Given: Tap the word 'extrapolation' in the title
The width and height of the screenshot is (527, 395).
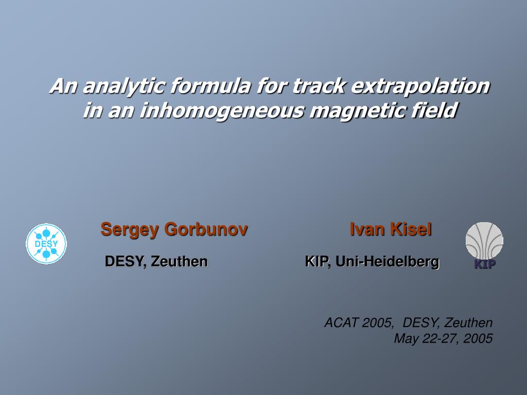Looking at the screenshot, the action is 420,86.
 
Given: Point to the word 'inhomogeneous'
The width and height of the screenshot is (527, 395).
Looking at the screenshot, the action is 222,111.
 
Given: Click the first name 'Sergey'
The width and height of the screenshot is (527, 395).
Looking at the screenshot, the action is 130,230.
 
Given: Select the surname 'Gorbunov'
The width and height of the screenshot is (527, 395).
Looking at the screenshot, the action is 206,229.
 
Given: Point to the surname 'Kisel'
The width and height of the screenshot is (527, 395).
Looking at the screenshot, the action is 411,229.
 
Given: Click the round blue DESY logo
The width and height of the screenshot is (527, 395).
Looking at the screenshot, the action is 46,243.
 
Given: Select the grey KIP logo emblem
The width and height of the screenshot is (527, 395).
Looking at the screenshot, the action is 484,245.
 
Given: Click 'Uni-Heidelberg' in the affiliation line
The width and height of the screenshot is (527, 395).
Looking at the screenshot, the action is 388,261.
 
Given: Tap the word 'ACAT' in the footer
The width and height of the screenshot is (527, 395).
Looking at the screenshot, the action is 341,323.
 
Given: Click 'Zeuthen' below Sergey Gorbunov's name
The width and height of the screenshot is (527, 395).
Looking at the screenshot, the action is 179,261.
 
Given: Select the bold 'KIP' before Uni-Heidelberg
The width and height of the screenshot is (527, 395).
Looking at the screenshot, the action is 316,261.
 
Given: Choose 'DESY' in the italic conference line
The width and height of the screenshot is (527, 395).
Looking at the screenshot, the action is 420,323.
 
